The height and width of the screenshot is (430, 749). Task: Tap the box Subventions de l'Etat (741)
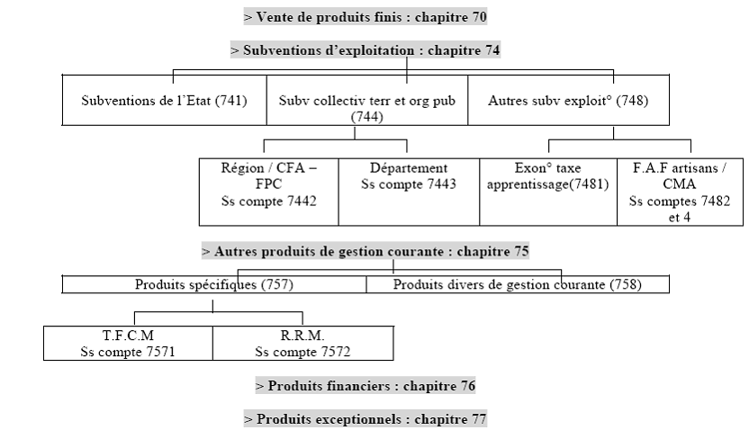(164, 101)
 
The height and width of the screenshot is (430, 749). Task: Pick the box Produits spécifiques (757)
(214, 284)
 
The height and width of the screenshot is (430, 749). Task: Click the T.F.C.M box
(128, 344)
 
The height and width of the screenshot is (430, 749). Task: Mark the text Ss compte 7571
(128, 351)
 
